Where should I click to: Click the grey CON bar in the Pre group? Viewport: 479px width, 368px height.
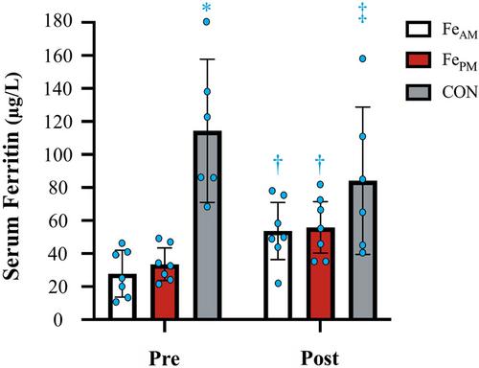click(x=207, y=225)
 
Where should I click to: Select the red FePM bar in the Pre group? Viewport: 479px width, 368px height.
click(x=165, y=292)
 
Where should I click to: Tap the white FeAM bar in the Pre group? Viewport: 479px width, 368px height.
click(x=122, y=297)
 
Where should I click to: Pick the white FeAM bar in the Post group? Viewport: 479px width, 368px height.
click(x=278, y=275)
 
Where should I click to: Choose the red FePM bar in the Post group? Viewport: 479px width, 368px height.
click(x=320, y=274)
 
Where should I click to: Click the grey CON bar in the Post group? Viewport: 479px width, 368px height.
click(x=363, y=250)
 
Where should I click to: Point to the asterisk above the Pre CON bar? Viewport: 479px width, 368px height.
click(x=207, y=7)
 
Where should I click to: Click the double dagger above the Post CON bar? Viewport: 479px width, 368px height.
click(x=362, y=13)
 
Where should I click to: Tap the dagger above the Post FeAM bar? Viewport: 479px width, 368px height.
click(x=278, y=165)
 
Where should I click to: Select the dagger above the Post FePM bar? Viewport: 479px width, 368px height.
click(x=320, y=165)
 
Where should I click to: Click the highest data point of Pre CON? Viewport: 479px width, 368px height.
click(x=207, y=22)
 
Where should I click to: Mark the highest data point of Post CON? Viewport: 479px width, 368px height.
click(x=362, y=58)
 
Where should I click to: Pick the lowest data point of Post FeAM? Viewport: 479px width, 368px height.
click(x=279, y=284)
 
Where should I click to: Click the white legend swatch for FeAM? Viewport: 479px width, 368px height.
click(x=419, y=30)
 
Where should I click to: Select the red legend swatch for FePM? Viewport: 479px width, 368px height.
click(x=419, y=60)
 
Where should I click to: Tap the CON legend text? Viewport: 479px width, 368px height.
click(x=460, y=92)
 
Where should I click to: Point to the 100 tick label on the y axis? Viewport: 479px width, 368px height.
click(x=57, y=154)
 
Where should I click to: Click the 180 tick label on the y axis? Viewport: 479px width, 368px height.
click(x=57, y=22)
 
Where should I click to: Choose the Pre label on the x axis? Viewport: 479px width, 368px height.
click(x=164, y=358)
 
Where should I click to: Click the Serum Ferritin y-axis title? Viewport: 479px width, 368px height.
click(x=11, y=176)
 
